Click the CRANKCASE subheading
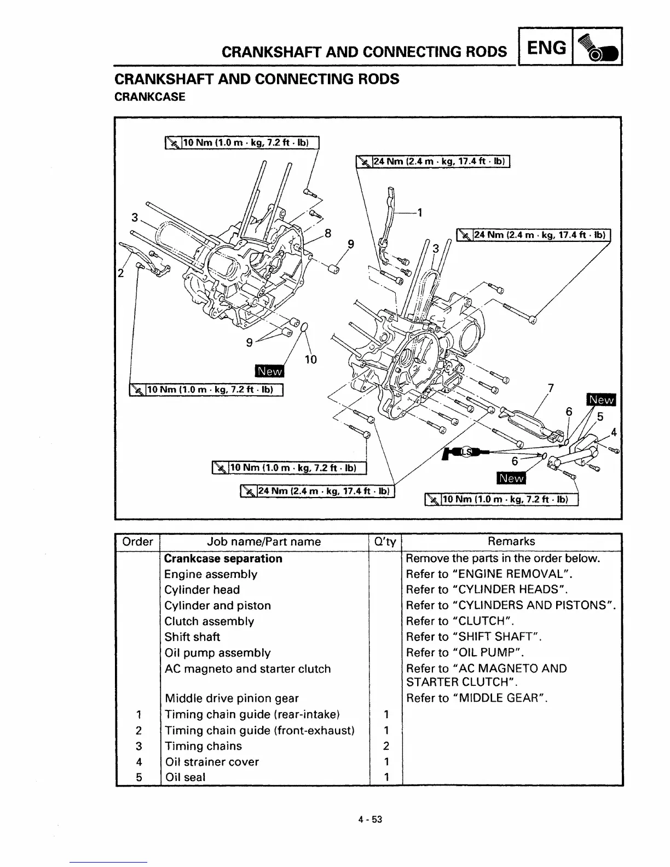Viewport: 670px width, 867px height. [x=149, y=97]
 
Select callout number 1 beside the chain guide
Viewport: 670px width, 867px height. [x=420, y=212]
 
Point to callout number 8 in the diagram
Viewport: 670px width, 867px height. [x=328, y=233]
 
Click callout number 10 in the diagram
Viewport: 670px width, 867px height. [x=310, y=359]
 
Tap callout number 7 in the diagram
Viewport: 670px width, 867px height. [x=551, y=388]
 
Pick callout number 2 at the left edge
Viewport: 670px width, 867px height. [x=120, y=273]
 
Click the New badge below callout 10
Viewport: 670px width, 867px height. [x=269, y=372]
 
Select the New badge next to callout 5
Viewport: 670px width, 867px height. [x=600, y=400]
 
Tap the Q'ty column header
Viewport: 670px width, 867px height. [x=385, y=542]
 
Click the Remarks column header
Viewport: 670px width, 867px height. [x=511, y=541]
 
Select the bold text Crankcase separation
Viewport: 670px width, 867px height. [x=223, y=559]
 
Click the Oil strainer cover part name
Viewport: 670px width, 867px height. [x=211, y=762]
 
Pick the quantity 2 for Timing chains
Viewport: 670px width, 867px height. [x=386, y=746]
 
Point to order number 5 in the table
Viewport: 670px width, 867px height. [x=138, y=777]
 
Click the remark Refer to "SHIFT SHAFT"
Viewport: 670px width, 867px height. [x=473, y=637]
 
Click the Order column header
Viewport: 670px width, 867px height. [x=137, y=542]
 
